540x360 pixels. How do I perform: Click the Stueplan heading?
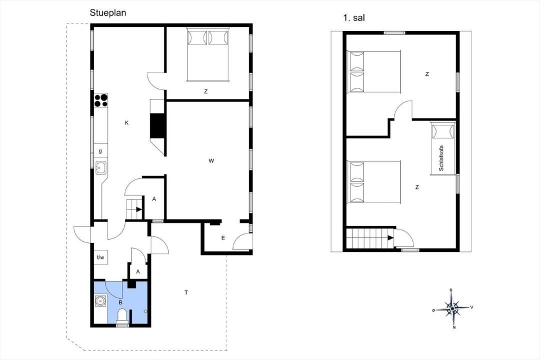tap(108, 12)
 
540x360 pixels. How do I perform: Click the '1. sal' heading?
tap(353, 18)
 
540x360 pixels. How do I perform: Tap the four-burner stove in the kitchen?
tap(101, 100)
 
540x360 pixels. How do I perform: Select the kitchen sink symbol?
tap(101, 168)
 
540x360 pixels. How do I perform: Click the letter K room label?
tap(126, 123)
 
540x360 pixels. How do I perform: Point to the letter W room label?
tap(211, 161)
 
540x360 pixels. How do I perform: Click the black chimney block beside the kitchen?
tap(158, 125)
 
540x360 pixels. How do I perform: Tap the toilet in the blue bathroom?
tap(122, 317)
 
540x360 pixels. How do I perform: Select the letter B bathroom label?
tap(120, 302)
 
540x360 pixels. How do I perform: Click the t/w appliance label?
tap(100, 257)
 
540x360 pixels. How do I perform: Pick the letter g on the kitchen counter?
tap(100, 151)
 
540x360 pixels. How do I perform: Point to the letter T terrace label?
tap(186, 293)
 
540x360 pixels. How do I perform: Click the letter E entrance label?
tap(223, 238)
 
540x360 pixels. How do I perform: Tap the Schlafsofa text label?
tap(441, 158)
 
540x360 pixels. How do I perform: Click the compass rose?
tap(452, 308)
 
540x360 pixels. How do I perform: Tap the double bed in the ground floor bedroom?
tap(207, 55)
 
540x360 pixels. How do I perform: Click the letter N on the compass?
tap(454, 327)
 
